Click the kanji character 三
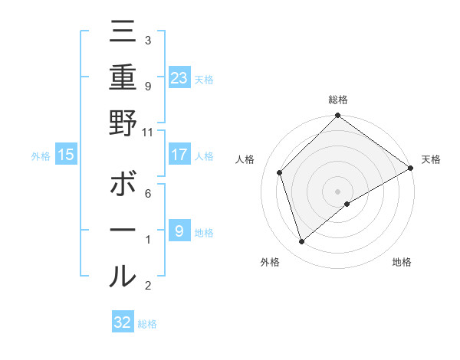(x=123, y=32)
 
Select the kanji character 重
(x=123, y=77)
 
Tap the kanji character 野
(x=123, y=122)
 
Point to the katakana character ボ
(x=123, y=185)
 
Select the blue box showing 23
(x=179, y=77)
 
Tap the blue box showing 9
(x=179, y=231)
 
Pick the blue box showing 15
(x=66, y=155)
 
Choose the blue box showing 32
(x=123, y=322)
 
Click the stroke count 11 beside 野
(x=148, y=132)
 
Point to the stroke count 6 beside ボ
(x=148, y=194)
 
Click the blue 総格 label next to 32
(x=147, y=324)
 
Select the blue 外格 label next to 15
(x=41, y=156)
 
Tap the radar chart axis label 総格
(x=337, y=100)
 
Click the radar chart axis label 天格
(x=431, y=159)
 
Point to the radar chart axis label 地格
(x=401, y=263)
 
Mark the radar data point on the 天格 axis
(x=410, y=168)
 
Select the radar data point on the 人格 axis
(x=280, y=172)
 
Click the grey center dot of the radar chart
(x=337, y=191)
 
